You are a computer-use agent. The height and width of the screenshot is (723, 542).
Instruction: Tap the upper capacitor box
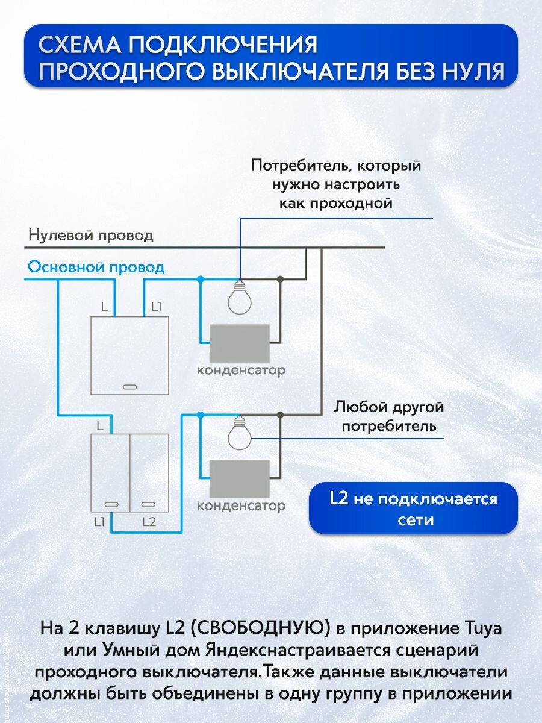(x=239, y=342)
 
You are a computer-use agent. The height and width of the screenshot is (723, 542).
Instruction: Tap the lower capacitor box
(x=239, y=477)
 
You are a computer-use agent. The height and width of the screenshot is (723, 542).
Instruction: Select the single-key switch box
(x=129, y=355)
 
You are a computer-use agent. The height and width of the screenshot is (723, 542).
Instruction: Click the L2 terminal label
(x=149, y=522)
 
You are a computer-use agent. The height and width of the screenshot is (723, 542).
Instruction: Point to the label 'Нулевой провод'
(x=91, y=235)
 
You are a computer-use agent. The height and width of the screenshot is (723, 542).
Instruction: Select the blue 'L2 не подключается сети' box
(x=413, y=509)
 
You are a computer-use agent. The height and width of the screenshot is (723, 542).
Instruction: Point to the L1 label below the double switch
(x=100, y=522)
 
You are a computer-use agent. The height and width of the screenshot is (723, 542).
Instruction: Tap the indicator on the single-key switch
(x=129, y=386)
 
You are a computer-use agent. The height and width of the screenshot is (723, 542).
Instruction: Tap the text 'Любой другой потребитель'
(x=389, y=417)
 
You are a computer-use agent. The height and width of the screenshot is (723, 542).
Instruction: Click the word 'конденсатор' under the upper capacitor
(x=241, y=370)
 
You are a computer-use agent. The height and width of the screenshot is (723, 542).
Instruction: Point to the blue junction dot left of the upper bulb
(x=201, y=279)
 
